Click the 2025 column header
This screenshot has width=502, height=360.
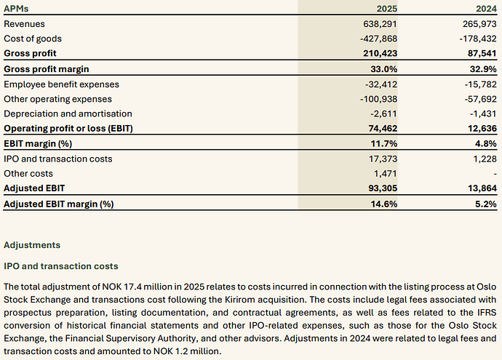pos(387,8)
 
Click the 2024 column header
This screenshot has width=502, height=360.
pos(486,8)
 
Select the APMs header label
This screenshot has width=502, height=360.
pos(16,8)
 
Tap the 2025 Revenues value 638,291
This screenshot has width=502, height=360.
pos(380,24)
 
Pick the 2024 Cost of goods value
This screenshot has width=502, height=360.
pos(478,39)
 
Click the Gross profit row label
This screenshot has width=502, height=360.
pos(30,53)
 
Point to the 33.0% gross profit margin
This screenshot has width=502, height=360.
pos(384,69)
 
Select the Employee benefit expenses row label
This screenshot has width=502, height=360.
pos(61,84)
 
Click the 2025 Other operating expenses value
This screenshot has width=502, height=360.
pos(378,99)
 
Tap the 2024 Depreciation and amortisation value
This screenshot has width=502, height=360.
pos(483,114)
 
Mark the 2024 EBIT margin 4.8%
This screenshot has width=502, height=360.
pos(486,144)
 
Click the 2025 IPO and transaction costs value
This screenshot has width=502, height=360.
pos(383,159)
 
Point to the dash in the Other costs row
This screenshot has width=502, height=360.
pos(495,174)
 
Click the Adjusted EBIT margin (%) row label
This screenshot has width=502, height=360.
pos(59,204)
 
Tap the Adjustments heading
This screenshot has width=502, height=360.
pos(32,245)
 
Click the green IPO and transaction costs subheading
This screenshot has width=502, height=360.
pos(61,266)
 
